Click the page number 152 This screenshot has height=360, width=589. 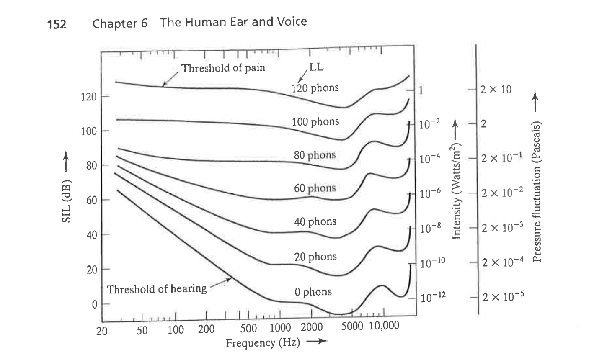[57, 24]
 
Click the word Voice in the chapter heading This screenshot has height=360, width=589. [291, 21]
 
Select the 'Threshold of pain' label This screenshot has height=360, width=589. [223, 68]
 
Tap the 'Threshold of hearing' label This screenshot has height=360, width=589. [157, 289]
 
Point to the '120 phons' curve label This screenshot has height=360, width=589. [315, 88]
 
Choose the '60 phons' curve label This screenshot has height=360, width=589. [315, 188]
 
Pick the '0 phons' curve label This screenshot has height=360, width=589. [313, 292]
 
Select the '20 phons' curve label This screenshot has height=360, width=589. [315, 256]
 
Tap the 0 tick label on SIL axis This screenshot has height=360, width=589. [95, 304]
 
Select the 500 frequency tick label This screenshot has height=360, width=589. [249, 329]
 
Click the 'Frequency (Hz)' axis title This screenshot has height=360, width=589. [263, 343]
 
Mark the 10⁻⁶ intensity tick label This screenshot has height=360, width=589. [431, 193]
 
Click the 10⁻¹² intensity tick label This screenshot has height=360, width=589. [433, 298]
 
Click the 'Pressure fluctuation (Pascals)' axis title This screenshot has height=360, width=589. [537, 191]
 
